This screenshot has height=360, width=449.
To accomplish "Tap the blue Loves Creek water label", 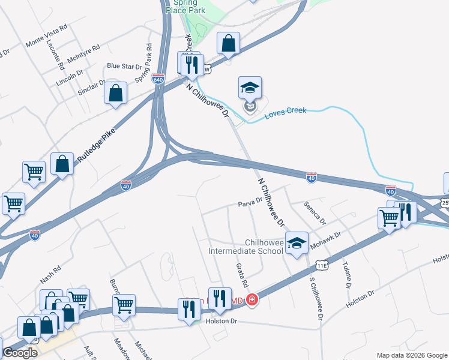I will pos(285,110).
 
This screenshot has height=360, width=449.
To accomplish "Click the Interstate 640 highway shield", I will pos(158,79).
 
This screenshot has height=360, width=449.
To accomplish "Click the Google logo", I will pos(20,353).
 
